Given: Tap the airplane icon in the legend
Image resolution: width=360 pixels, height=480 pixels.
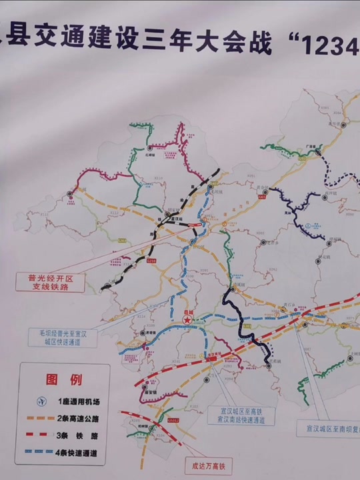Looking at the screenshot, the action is point(42,402).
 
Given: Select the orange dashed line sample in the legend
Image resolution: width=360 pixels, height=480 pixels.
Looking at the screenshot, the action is point(43,418).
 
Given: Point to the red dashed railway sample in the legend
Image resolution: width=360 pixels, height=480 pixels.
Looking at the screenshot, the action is point(43,435).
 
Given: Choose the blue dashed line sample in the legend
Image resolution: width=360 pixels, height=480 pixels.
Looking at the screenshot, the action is point(43,453).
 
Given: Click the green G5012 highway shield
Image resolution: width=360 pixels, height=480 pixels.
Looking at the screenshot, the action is point(173,421).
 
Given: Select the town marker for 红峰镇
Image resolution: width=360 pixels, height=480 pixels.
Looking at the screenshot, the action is point(151,147).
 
